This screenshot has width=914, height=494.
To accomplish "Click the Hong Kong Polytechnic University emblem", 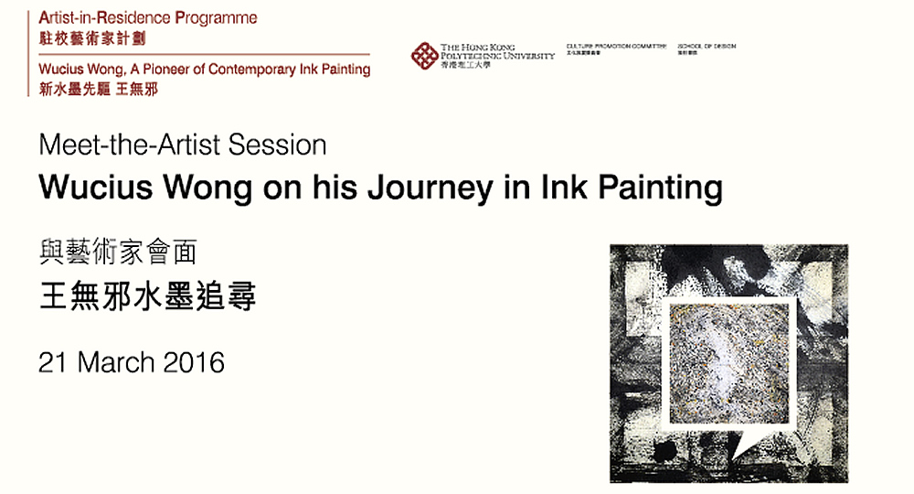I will tap(424, 56).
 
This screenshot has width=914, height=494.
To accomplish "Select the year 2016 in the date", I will tap(194, 362).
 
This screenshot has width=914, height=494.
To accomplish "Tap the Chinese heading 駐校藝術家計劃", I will tap(92, 38).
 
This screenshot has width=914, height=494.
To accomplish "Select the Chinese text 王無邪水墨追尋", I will tap(147, 297).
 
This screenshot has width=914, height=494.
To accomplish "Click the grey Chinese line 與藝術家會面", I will tap(118, 251).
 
